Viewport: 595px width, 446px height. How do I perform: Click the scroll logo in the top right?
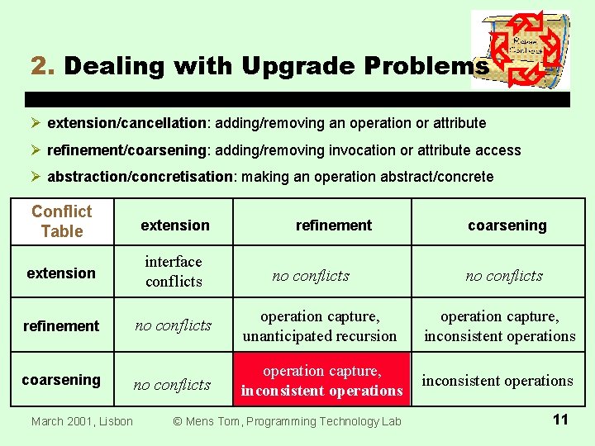[x=520, y=50]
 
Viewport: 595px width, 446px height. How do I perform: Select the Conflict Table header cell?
[x=62, y=221]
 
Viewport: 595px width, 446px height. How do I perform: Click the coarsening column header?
[x=507, y=225]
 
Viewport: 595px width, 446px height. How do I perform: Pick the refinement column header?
[x=334, y=225]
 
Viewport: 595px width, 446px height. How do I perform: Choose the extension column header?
[x=175, y=225]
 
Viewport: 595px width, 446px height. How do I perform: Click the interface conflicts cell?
[x=174, y=272]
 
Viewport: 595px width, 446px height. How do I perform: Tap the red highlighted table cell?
[x=321, y=381]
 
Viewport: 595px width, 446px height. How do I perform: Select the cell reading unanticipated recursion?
[x=320, y=326]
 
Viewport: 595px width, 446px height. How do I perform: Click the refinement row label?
[x=61, y=326]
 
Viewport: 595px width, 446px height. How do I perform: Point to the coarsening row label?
[x=61, y=380]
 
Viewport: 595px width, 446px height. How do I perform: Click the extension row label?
[x=61, y=273]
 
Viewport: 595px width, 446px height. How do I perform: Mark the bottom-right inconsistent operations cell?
[x=497, y=381]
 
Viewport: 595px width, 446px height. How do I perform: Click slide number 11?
[x=559, y=420]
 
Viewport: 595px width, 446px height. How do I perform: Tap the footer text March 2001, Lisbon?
[x=82, y=421]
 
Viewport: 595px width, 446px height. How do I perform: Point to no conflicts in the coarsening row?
[x=173, y=385]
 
